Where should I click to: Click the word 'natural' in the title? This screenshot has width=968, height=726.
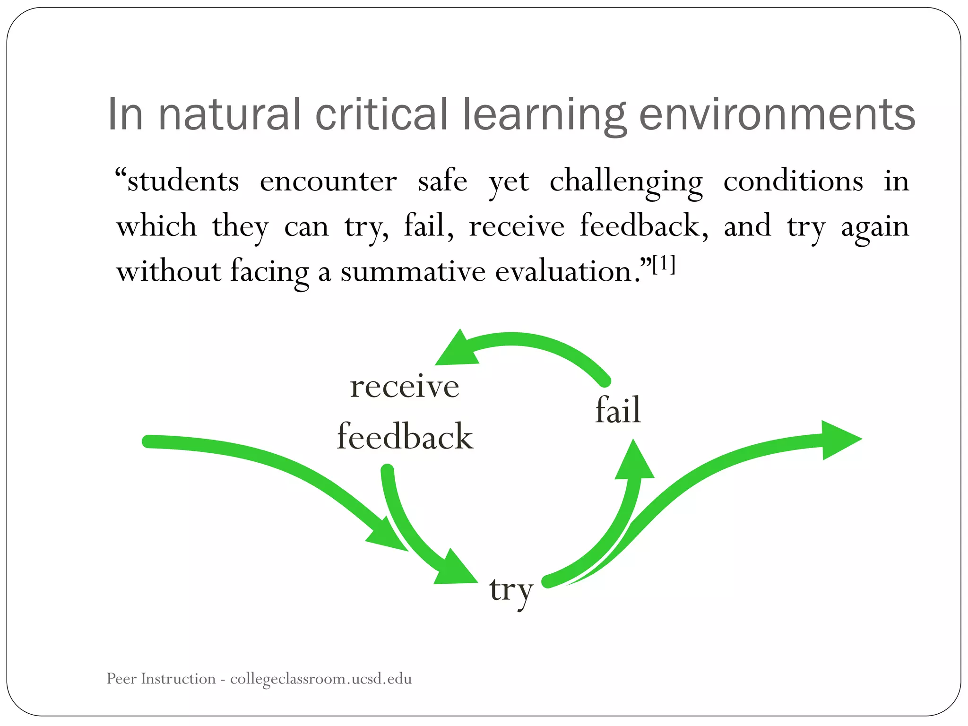click(x=229, y=114)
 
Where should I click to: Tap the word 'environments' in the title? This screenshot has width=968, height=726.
click(x=777, y=114)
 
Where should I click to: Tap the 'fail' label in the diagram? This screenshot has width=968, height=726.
click(x=618, y=410)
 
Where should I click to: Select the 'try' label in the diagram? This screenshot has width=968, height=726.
click(x=511, y=591)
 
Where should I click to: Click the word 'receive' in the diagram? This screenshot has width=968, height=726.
click(x=405, y=386)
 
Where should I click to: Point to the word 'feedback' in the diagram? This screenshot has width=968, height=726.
click(x=405, y=436)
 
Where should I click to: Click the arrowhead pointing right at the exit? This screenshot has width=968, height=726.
click(x=839, y=440)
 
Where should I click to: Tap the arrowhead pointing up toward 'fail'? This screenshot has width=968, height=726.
click(x=634, y=462)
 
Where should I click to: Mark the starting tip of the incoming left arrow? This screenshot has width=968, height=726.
click(x=148, y=441)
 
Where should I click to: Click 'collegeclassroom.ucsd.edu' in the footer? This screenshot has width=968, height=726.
click(x=321, y=679)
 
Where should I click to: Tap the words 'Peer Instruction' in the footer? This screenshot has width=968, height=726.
click(x=161, y=679)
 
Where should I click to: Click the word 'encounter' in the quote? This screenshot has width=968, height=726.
click(x=328, y=181)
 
